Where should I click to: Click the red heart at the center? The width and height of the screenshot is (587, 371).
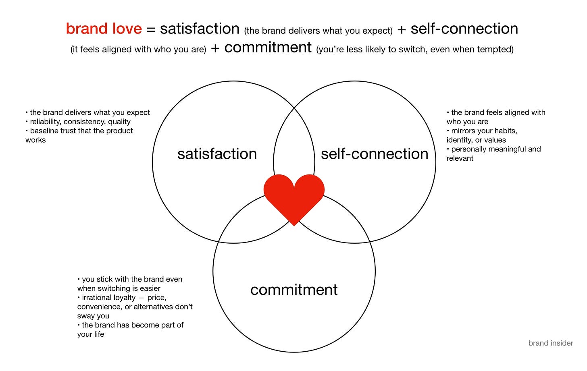point(294,197)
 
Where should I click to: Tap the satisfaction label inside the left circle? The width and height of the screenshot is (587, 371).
point(217,154)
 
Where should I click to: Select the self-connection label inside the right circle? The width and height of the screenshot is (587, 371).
point(375,154)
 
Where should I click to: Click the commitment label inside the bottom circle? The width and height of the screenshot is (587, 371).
point(294,290)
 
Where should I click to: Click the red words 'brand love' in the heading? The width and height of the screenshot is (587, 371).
point(104,29)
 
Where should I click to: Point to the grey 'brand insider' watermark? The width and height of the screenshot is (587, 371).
point(551,343)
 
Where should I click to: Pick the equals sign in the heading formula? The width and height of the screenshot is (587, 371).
point(151,29)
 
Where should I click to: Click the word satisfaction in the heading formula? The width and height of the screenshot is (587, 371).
point(200,29)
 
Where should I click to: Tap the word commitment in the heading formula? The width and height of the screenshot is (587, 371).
point(268,48)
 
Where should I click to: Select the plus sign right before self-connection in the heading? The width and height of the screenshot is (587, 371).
point(402,29)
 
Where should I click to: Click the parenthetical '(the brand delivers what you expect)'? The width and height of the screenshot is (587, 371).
point(318,31)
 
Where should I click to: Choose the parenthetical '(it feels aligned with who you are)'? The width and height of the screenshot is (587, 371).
point(138,50)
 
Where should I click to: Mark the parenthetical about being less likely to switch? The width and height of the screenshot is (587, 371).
point(415,50)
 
